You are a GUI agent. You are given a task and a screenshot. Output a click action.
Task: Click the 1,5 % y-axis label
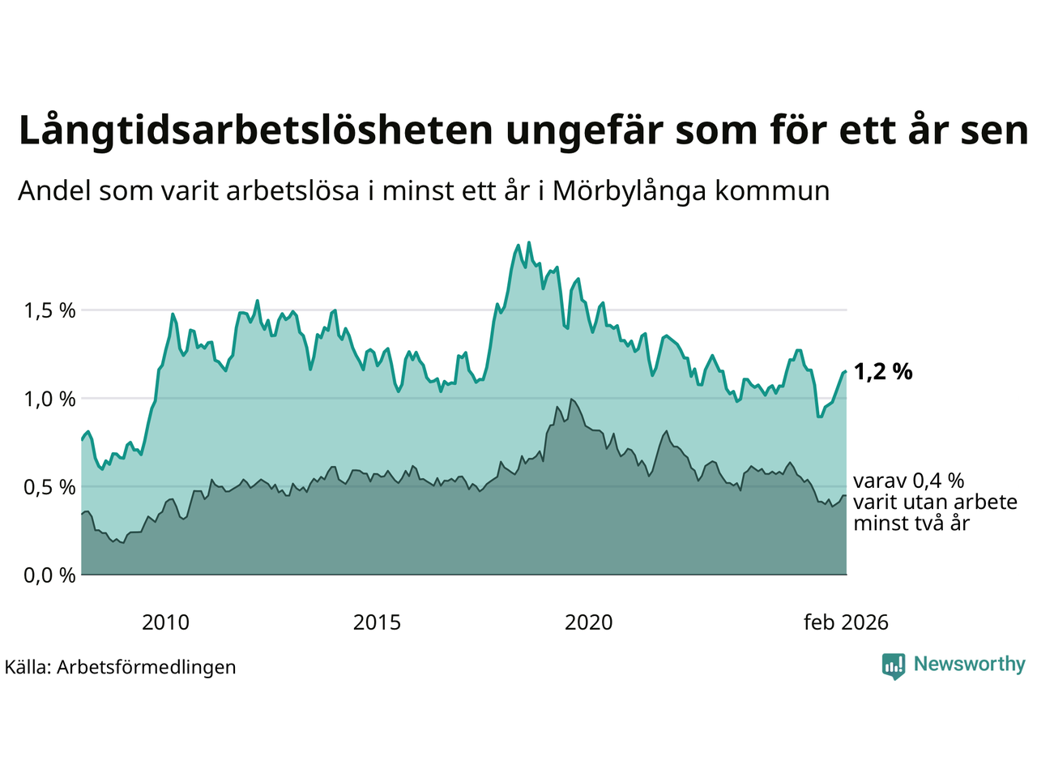(x=49, y=311)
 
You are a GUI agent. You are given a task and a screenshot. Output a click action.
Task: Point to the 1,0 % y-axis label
(x=49, y=400)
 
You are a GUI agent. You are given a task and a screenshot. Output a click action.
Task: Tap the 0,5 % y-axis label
(x=49, y=488)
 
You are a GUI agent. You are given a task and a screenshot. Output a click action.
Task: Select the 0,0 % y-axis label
(x=49, y=576)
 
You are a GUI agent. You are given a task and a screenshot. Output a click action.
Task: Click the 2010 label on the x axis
(x=165, y=622)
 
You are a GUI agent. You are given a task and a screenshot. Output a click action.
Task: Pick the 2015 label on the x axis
(x=377, y=622)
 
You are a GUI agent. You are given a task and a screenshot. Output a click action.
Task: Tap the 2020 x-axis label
(x=588, y=622)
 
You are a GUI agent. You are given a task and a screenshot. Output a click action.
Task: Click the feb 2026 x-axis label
(x=846, y=622)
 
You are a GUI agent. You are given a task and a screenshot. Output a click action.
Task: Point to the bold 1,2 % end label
(x=883, y=372)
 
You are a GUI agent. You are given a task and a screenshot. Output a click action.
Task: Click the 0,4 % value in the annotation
(x=938, y=481)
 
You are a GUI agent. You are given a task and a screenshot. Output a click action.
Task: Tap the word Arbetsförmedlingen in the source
(x=147, y=667)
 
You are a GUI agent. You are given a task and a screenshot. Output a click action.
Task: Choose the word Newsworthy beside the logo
(x=969, y=665)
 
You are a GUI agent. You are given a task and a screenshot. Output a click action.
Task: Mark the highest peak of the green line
(x=529, y=242)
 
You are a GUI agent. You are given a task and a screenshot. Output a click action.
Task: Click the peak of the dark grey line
(x=571, y=399)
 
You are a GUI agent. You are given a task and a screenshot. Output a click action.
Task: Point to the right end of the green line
(x=845, y=371)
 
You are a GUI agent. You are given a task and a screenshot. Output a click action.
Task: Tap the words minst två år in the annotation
(x=911, y=524)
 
